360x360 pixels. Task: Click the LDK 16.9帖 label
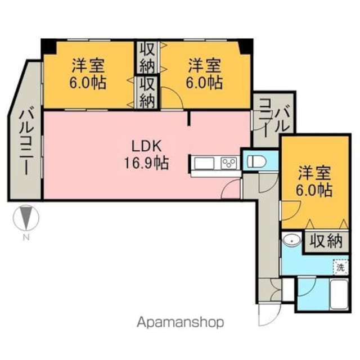click(147, 155)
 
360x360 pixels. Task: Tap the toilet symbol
click(256, 161)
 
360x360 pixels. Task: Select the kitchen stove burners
click(229, 163)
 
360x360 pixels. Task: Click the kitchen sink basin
click(204, 163)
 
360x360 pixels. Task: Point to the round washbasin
click(292, 240)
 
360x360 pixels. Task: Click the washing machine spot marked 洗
click(341, 268)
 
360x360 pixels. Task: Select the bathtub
click(339, 295)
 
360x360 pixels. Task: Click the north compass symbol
click(26, 218)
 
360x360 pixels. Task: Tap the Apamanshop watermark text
click(180, 322)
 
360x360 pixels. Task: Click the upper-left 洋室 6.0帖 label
click(88, 74)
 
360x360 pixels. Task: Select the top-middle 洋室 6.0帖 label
click(204, 74)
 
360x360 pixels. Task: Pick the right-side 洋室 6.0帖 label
click(314, 181)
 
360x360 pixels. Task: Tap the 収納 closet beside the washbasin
click(326, 241)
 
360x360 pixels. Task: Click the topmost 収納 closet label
click(147, 57)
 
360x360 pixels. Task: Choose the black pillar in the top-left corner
click(49, 47)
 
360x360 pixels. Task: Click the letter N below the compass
click(26, 237)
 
